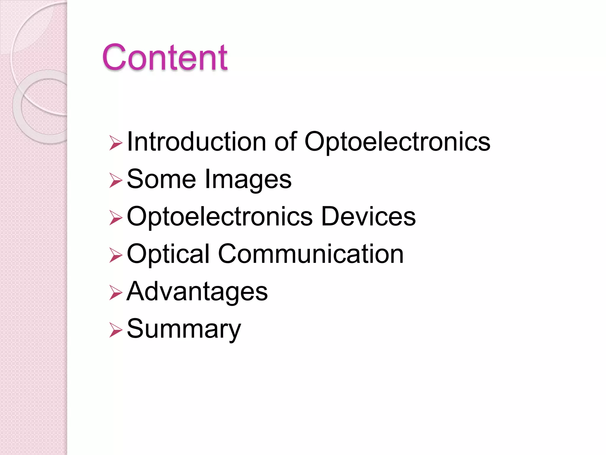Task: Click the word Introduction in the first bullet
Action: [x=196, y=142]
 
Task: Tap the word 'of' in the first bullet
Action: [x=285, y=142]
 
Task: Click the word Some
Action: [x=161, y=179]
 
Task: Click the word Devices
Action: [x=368, y=216]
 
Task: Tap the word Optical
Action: [x=168, y=254]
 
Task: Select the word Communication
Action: [x=311, y=254]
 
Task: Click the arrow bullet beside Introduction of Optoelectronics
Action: [x=115, y=143]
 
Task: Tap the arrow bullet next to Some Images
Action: [x=115, y=180]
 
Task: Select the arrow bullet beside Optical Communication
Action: [x=115, y=255]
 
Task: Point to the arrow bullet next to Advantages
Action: [x=115, y=293]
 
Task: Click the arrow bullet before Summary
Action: [x=115, y=330]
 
